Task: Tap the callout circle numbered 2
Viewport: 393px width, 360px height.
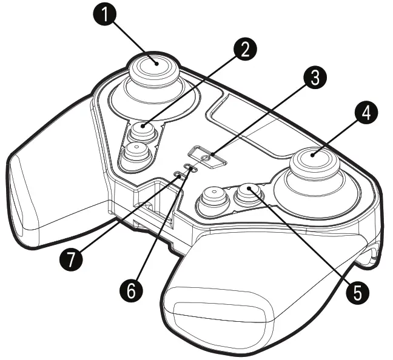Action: tap(244, 48)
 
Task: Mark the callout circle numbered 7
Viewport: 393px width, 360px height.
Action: tap(72, 259)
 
